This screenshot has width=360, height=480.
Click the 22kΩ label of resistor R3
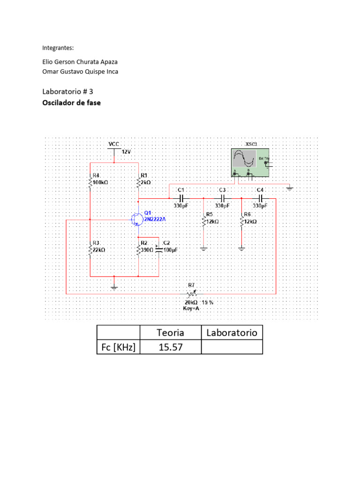click(x=99, y=250)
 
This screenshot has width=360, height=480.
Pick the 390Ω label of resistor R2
click(x=147, y=250)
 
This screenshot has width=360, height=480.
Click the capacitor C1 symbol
click(x=180, y=198)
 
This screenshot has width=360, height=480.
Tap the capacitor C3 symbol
click(x=222, y=198)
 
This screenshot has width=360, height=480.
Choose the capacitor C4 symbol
click(x=260, y=198)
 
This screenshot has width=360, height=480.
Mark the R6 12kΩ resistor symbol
click(x=241, y=221)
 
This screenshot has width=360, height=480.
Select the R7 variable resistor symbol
click(x=192, y=293)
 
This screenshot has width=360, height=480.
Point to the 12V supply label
click(x=127, y=152)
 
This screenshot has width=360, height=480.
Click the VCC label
click(x=114, y=143)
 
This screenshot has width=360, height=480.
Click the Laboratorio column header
click(x=232, y=333)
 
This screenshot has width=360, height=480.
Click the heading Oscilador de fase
click(x=71, y=103)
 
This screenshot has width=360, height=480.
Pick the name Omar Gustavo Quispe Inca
click(x=80, y=72)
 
